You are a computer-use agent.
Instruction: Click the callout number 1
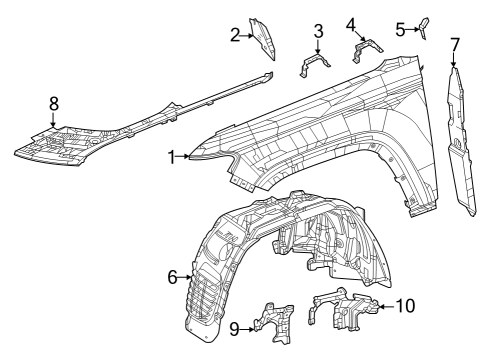point(172,156)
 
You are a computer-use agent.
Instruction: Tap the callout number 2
point(235,36)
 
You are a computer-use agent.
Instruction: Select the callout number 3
point(318,31)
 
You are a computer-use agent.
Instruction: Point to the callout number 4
point(351,23)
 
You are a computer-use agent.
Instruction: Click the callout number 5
point(400,29)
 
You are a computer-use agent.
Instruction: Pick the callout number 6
point(172,276)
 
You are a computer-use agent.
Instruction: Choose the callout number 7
point(455,43)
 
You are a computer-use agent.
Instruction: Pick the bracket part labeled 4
point(364,49)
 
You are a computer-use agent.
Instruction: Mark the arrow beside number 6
point(185,276)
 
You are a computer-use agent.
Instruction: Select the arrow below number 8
point(54,118)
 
